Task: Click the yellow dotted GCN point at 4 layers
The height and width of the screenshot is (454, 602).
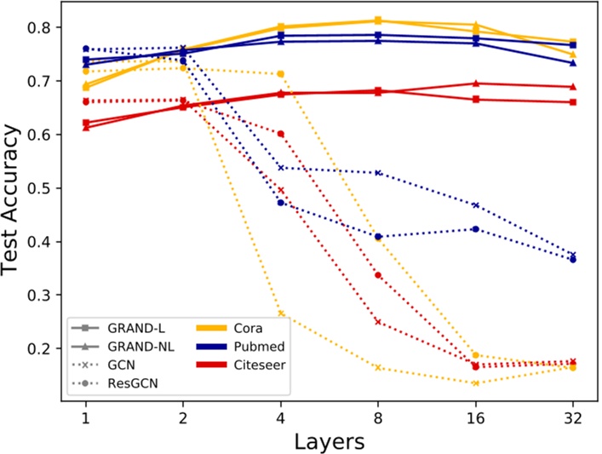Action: [x=281, y=313]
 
